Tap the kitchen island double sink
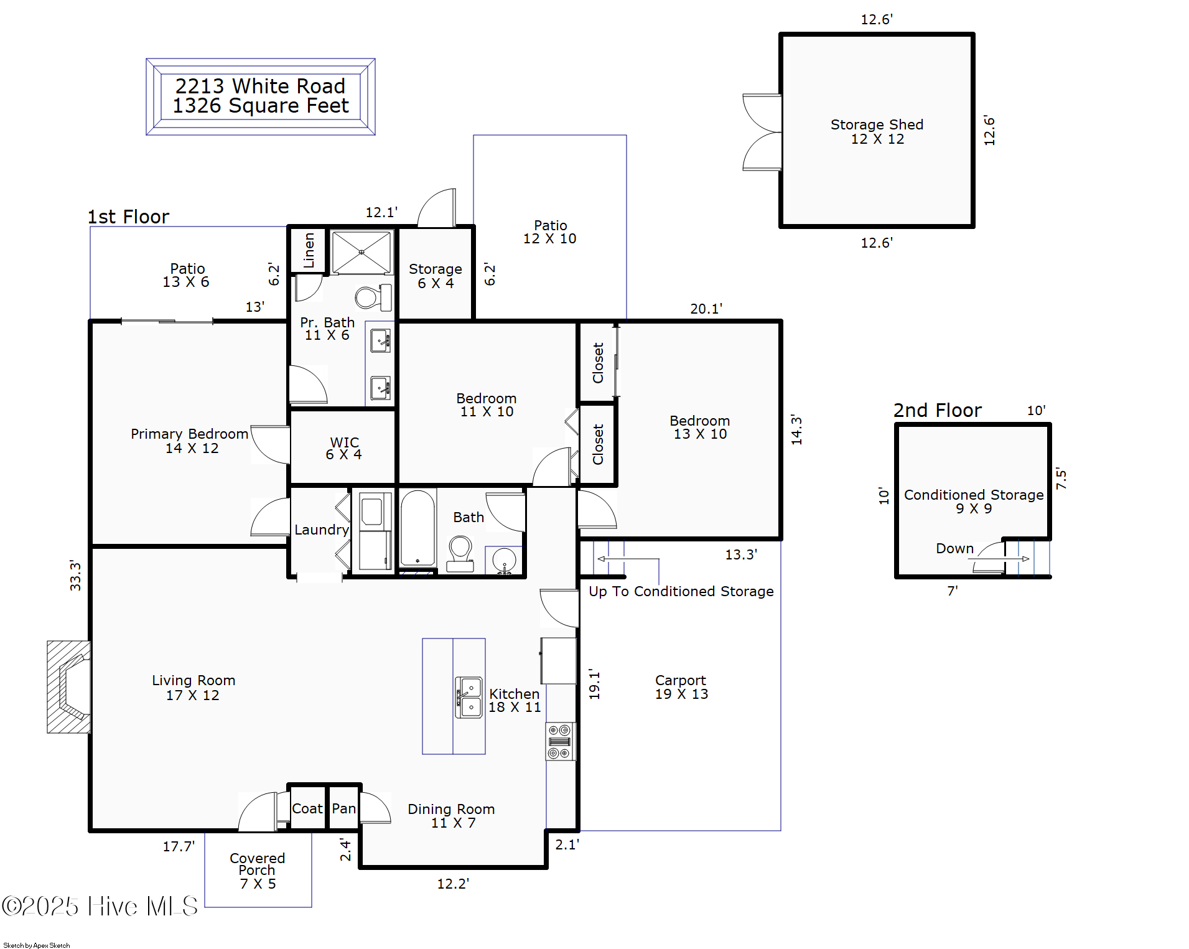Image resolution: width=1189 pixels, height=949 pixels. (469, 697)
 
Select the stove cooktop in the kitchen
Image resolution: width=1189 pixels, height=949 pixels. (559, 741)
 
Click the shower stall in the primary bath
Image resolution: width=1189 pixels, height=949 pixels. (361, 252)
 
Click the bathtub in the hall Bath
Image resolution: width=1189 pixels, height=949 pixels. (417, 528)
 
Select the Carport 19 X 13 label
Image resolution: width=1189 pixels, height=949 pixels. (681, 687)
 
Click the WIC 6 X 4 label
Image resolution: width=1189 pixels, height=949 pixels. (344, 448)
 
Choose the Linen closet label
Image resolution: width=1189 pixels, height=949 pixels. (309, 250)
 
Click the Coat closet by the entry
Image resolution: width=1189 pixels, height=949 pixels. (307, 808)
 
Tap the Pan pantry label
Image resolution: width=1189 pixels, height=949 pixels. (343, 808)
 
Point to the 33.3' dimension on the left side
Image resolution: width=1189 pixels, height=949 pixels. (75, 575)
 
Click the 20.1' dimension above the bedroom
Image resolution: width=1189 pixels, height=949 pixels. (706, 309)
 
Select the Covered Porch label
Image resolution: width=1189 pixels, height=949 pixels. (257, 870)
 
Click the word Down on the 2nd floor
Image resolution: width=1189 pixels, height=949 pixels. (954, 548)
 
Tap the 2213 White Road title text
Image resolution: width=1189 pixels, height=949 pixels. (260, 86)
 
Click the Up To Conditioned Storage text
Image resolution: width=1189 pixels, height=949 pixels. (681, 591)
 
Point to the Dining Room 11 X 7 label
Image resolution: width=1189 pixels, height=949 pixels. (451, 815)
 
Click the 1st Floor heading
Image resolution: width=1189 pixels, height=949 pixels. (128, 217)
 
